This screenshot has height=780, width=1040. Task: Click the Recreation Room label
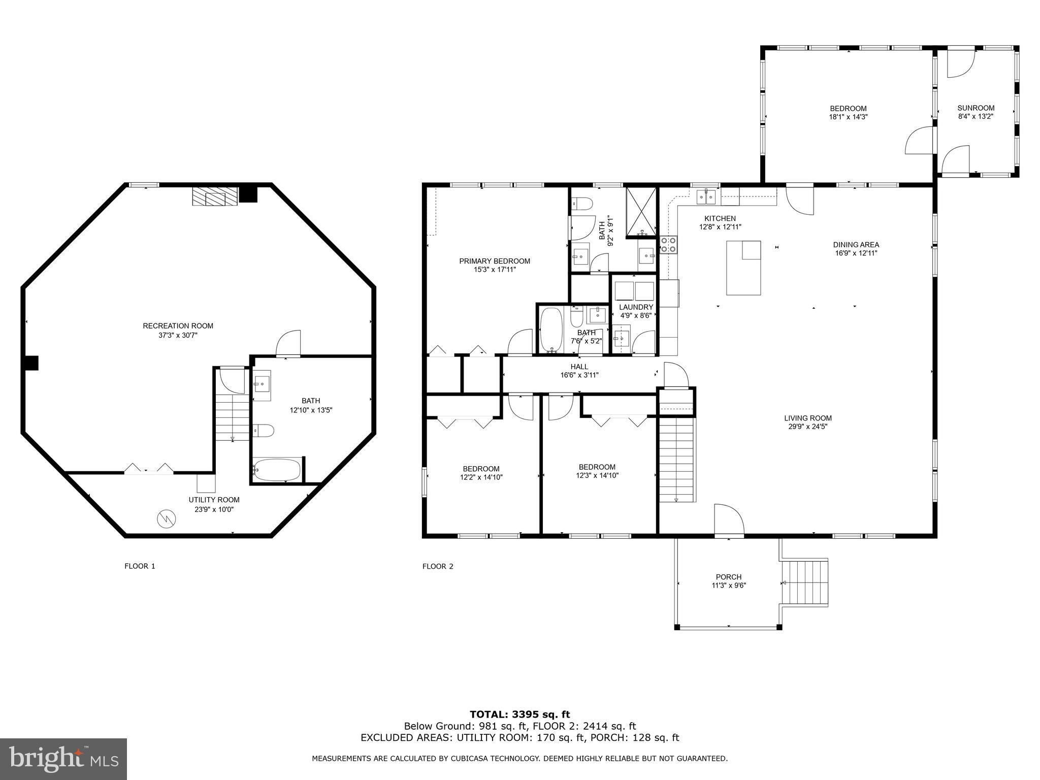(178, 326)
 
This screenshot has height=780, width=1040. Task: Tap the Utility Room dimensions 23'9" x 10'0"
(214, 509)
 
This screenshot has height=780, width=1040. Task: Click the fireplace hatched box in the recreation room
(215, 196)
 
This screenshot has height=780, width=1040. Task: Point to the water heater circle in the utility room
(167, 518)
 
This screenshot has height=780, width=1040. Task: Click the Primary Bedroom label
(494, 261)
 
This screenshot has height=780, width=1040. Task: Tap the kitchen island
(743, 268)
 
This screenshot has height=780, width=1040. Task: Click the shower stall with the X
(641, 212)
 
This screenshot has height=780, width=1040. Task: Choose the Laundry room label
(636, 307)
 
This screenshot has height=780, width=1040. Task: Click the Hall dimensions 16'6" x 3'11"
(579, 375)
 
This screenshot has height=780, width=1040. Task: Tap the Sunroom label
(976, 108)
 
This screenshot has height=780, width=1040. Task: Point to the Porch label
(728, 577)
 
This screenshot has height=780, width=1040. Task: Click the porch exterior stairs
(806, 582)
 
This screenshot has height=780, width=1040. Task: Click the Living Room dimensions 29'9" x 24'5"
(807, 427)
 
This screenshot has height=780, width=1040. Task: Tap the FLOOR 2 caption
(437, 566)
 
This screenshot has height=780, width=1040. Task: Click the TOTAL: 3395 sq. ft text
(519, 714)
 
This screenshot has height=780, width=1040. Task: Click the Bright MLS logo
(63, 759)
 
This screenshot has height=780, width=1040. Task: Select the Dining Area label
(856, 244)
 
